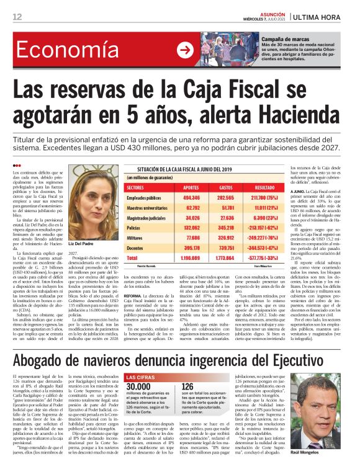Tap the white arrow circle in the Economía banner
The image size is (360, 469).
(185, 50)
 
